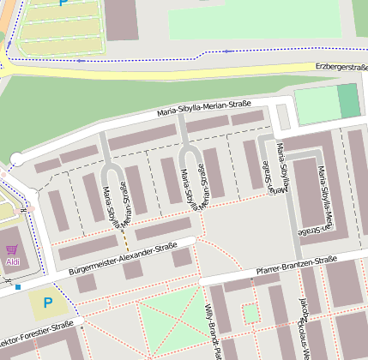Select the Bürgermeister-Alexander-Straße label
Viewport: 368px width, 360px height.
pos(123,259)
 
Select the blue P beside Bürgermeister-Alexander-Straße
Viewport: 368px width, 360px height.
pos(47,303)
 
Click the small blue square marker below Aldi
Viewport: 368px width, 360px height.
pos(17,286)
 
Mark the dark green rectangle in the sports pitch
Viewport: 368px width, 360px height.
pos(348,101)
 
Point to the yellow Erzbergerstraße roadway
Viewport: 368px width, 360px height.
pos(172,71)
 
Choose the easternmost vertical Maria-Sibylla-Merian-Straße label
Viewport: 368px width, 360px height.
pos(322,199)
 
